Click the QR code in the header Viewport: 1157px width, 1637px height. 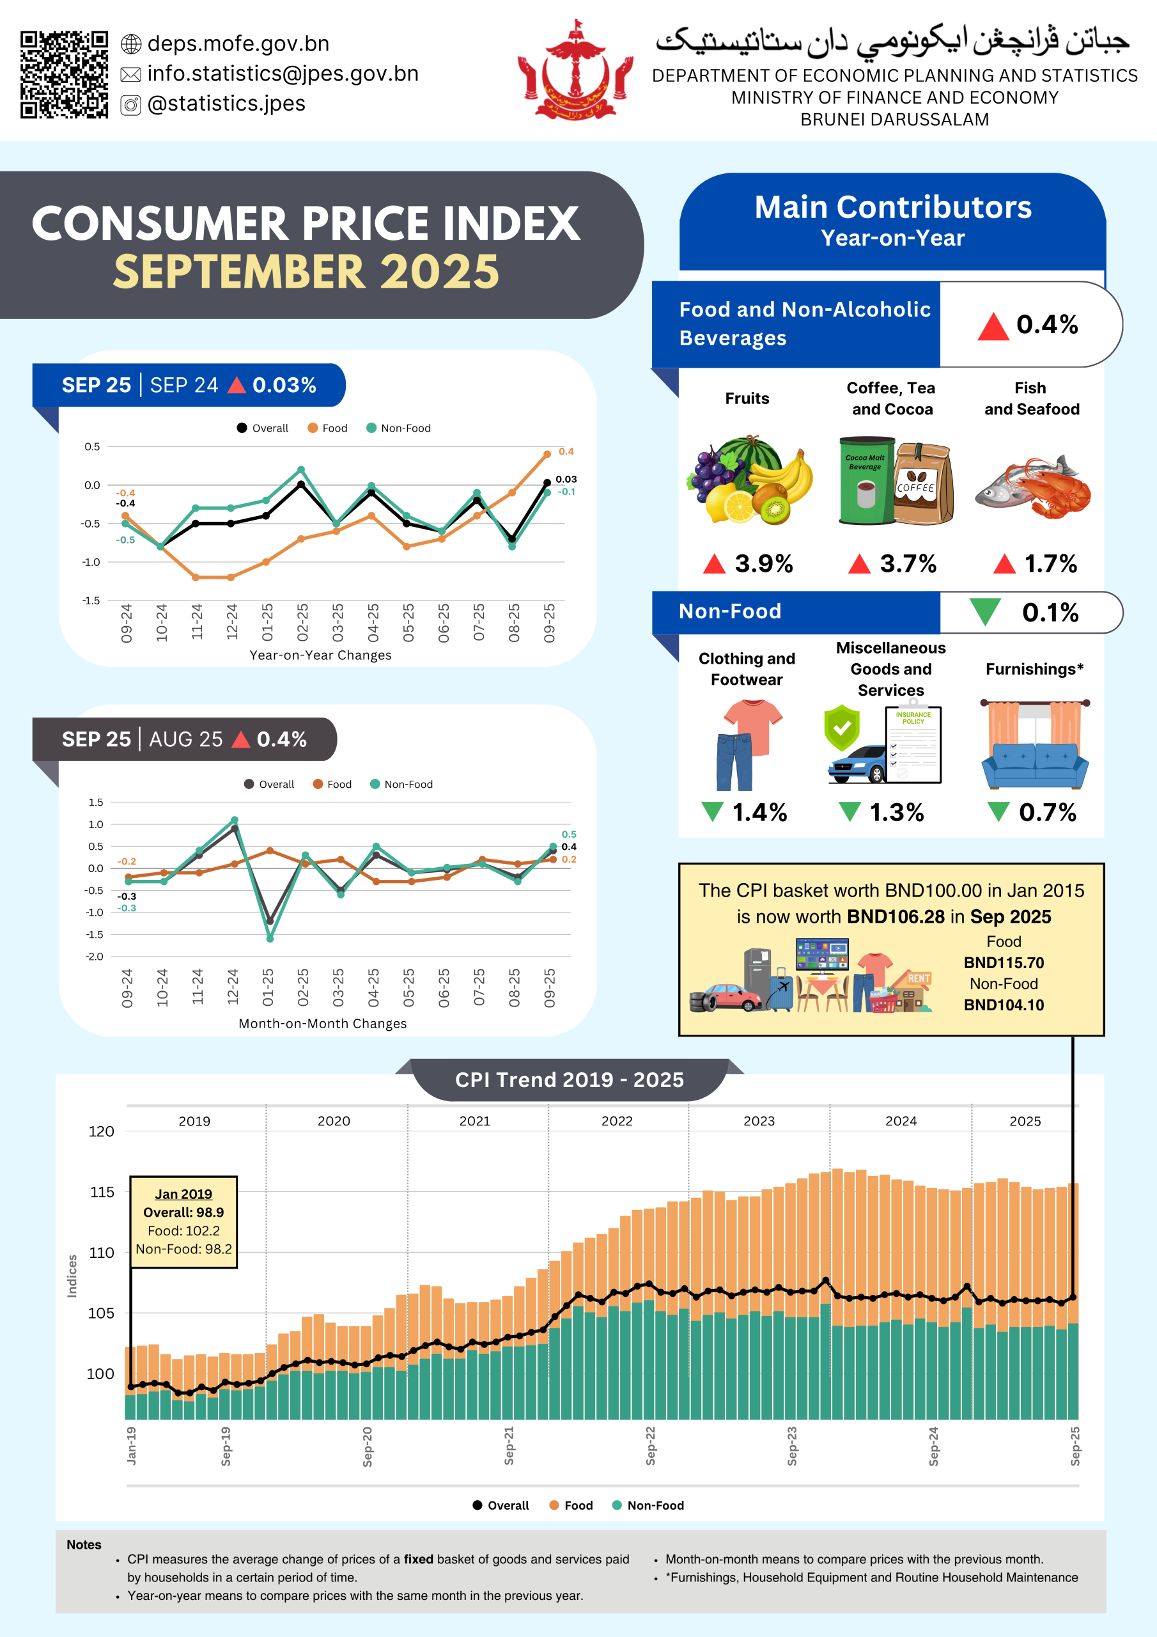(63, 74)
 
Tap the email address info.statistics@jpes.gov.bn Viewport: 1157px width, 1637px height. (283, 74)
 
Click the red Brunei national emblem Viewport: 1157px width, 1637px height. (575, 71)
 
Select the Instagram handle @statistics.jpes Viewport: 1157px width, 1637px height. (226, 104)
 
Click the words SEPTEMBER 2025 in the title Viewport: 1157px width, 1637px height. (307, 272)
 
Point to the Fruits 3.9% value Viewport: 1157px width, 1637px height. (763, 564)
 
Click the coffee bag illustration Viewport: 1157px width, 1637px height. (924, 483)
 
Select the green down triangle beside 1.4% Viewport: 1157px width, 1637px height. (711, 811)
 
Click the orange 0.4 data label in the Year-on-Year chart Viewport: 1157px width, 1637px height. (566, 451)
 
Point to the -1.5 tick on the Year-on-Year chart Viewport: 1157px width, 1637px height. (91, 600)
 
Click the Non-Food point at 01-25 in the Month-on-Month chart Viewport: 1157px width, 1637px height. (270, 938)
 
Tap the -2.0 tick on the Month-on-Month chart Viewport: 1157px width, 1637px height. (95, 957)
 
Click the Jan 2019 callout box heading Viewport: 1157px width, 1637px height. (183, 1193)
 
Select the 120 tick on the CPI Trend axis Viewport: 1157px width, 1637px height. (101, 1131)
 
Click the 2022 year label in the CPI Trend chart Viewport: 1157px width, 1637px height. (617, 1122)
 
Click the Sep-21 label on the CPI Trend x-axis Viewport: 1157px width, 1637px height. (509, 1446)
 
